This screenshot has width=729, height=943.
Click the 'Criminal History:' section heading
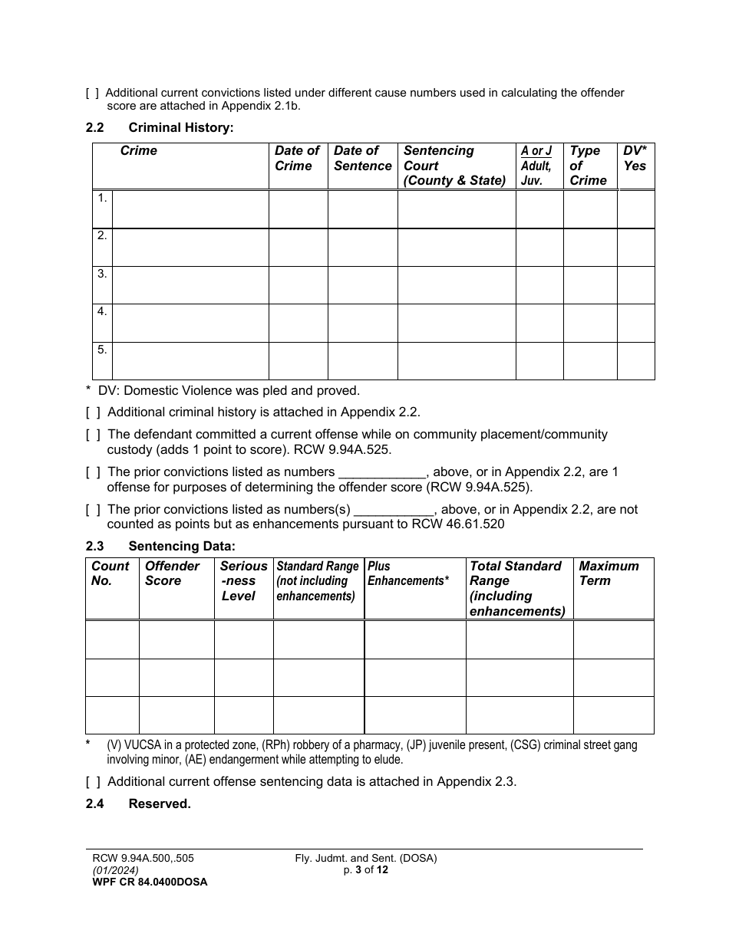[x=180, y=127]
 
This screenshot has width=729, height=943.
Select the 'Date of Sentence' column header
[x=362, y=159]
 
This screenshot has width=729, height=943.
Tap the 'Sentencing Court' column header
[x=454, y=166]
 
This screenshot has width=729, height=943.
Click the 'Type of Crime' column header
[x=588, y=166]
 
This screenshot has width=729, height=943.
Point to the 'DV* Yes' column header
[x=635, y=159]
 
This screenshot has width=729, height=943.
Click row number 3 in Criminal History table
[x=102, y=274]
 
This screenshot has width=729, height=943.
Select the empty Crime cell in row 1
[x=190, y=209]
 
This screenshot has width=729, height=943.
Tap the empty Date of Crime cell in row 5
[x=298, y=360]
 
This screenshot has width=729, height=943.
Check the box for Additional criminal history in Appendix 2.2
[x=93, y=412]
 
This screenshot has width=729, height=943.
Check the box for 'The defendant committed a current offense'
[x=93, y=435]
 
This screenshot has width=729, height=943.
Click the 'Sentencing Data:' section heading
[x=182, y=547]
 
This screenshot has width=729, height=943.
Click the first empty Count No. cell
[x=112, y=639]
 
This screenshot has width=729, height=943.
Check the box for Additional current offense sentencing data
[x=93, y=782]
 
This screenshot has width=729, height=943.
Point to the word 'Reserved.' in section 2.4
[x=160, y=804]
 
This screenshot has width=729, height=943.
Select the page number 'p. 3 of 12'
[x=366, y=870]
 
